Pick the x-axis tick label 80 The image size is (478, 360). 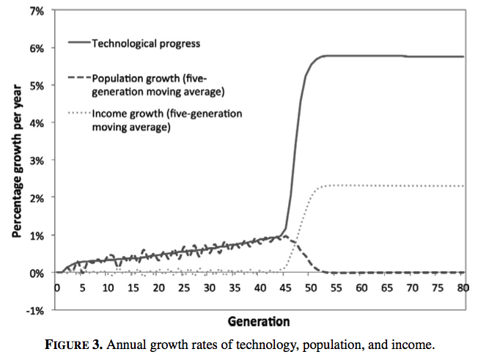pyautogui.click(x=463, y=288)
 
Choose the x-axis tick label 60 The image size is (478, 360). pyautogui.click(x=361, y=288)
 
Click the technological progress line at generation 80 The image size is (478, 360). pyautogui.click(x=463, y=56)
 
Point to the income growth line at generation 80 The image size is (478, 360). pyautogui.click(x=463, y=186)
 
